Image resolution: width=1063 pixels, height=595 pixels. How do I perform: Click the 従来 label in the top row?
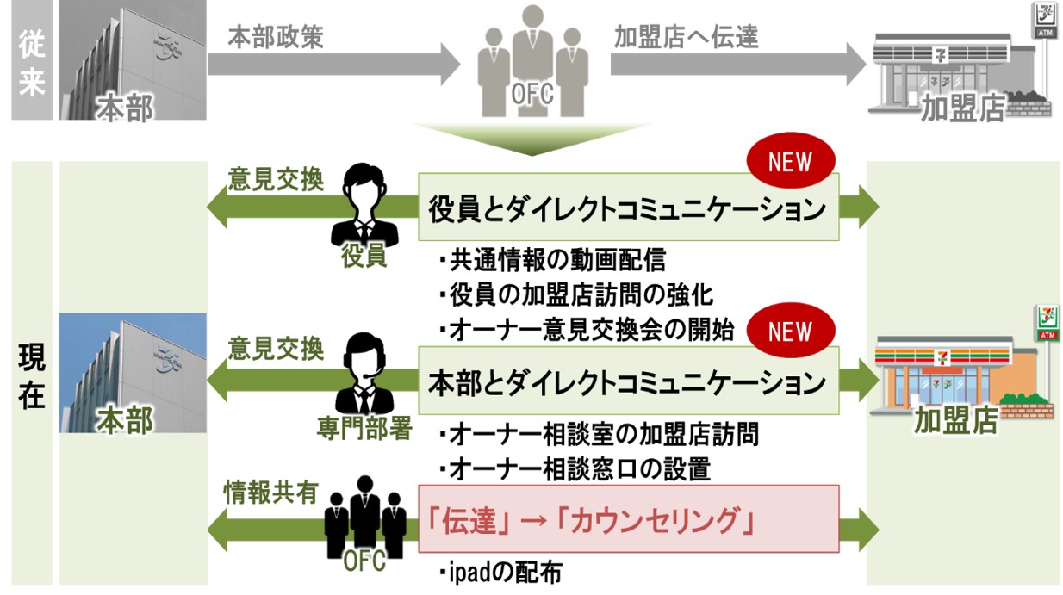click(31, 60)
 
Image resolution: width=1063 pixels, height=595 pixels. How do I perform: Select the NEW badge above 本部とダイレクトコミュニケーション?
click(790, 332)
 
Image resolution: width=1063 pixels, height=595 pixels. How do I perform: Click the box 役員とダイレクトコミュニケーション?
click(628, 208)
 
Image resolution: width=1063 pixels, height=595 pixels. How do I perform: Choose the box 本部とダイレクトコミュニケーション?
click(628, 381)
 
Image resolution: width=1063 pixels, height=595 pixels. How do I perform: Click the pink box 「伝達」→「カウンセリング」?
click(628, 519)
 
